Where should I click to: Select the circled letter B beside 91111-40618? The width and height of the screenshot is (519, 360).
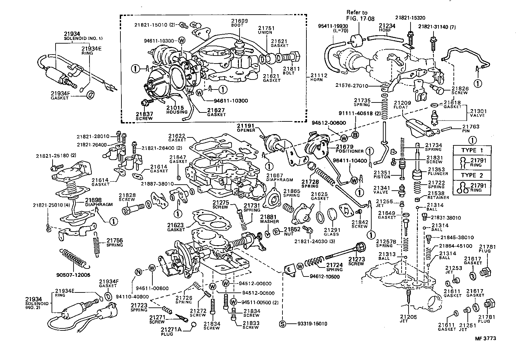click(355, 135)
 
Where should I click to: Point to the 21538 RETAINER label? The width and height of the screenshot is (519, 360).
click(438, 195)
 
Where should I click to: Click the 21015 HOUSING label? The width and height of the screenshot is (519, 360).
click(177, 110)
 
